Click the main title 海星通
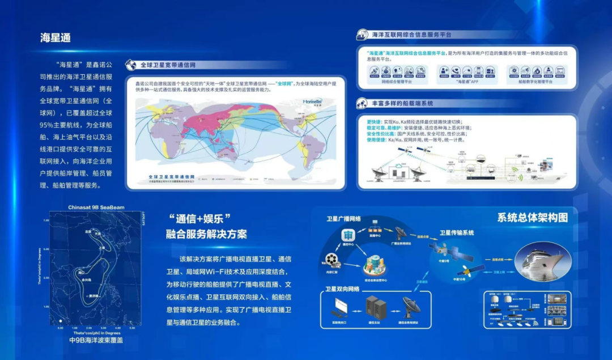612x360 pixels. pyautogui.click(x=55, y=37)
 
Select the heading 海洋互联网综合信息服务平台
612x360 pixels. pyautogui.click(x=411, y=35)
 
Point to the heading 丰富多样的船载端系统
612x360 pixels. pyautogui.click(x=402, y=104)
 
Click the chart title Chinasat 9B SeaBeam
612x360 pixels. pyautogui.click(x=96, y=207)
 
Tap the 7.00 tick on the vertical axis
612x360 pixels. pyautogui.click(x=46, y=221)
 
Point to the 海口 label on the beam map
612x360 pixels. pyautogui.click(x=82, y=273)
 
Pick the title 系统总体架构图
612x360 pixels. pyautogui.click(x=532, y=218)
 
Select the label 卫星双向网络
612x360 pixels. pyautogui.click(x=342, y=289)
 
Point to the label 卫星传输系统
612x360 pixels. pyautogui.click(x=457, y=232)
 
